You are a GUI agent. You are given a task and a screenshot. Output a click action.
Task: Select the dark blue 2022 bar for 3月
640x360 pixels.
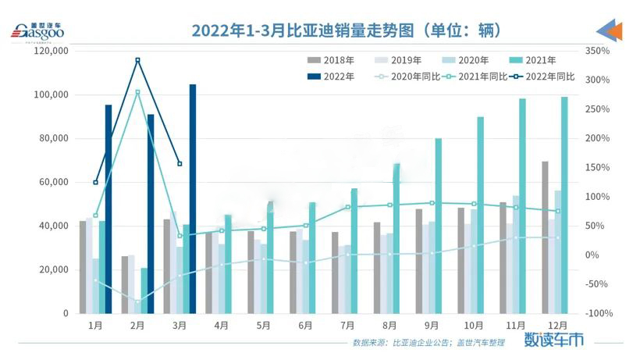point(193,199)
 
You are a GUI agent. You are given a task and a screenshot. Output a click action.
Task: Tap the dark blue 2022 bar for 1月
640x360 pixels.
point(108,209)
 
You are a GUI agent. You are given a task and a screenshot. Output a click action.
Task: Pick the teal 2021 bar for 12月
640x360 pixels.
point(564,205)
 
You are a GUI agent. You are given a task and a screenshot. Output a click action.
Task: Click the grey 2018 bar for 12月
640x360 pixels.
point(545,237)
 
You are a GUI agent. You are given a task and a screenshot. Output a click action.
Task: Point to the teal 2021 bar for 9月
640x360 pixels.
point(439,226)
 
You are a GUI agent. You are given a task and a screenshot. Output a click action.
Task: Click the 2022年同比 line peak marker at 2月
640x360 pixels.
point(137,60)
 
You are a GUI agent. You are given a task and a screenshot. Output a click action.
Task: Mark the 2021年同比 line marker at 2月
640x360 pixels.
point(137,92)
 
